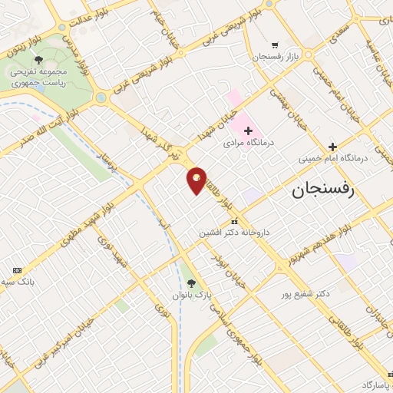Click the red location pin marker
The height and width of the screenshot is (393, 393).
pyautogui.click(x=196, y=180)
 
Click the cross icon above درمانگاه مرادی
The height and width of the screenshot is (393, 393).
pyautogui.click(x=248, y=130)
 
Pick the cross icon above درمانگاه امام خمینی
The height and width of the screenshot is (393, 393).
pyautogui.click(x=332, y=147)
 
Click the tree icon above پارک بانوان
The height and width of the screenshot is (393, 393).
pyautogui.click(x=203, y=282)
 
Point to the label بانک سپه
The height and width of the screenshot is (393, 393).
pyautogui.click(x=18, y=282)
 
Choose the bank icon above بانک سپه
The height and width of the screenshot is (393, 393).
pyautogui.click(x=17, y=270)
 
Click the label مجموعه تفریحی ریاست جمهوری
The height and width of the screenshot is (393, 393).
pyautogui.click(x=38, y=77)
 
